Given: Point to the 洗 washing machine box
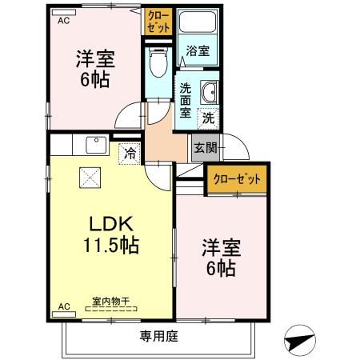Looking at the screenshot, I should point(207,117).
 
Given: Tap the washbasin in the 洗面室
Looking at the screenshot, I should point(210,92).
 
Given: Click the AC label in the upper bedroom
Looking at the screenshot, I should point(63,22).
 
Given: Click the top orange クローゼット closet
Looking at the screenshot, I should point(158,21).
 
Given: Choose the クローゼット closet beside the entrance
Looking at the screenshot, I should point(236,178).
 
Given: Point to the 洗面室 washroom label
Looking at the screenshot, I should point(185,99).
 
